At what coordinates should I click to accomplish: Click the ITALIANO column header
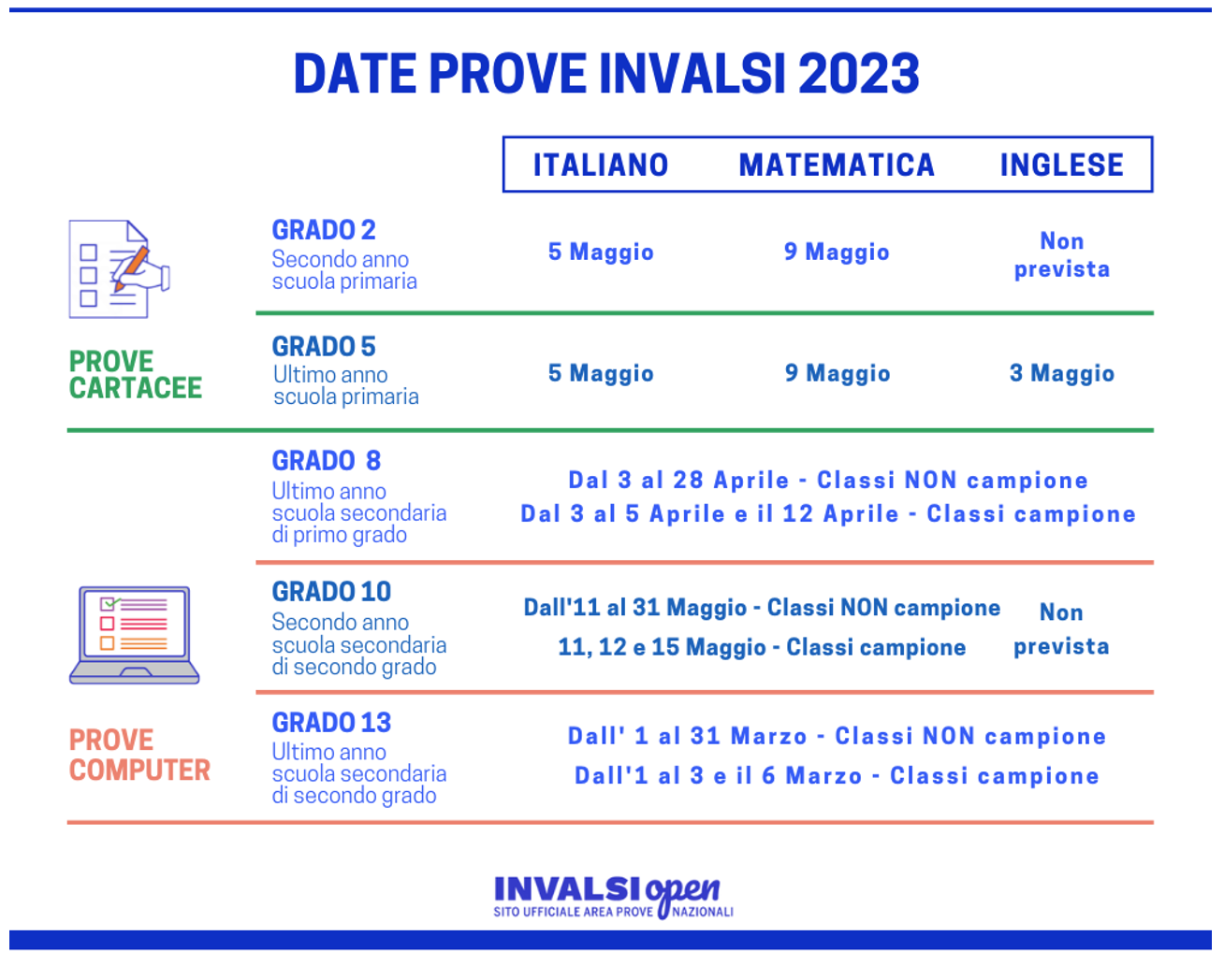pos(601,165)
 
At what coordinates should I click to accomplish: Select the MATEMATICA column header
pos(837,165)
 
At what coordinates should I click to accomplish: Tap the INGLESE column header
pos(1062,165)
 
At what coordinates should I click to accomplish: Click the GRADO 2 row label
pos(324,230)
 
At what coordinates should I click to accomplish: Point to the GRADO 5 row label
pos(324,346)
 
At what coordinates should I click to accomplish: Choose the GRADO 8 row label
pos(326,460)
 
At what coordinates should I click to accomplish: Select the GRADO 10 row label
pos(331,592)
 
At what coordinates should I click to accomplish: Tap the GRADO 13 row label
pos(331,723)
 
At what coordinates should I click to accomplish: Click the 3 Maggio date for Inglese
pos(1062,373)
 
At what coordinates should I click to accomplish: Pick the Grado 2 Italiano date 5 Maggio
pos(601,252)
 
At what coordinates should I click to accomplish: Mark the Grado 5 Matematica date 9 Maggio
pos(838,373)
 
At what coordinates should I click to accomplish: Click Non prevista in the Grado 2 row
pos(1062,255)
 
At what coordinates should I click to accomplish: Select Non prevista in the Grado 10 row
pos(1061,629)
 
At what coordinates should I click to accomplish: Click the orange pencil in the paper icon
pos(132,268)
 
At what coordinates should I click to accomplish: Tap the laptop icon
pos(134,635)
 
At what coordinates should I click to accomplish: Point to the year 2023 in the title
pos(859,73)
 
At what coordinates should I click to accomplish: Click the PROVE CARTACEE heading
pos(136,375)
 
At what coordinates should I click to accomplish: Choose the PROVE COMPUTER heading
pos(139,756)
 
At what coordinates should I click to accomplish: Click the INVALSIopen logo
pos(613,897)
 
